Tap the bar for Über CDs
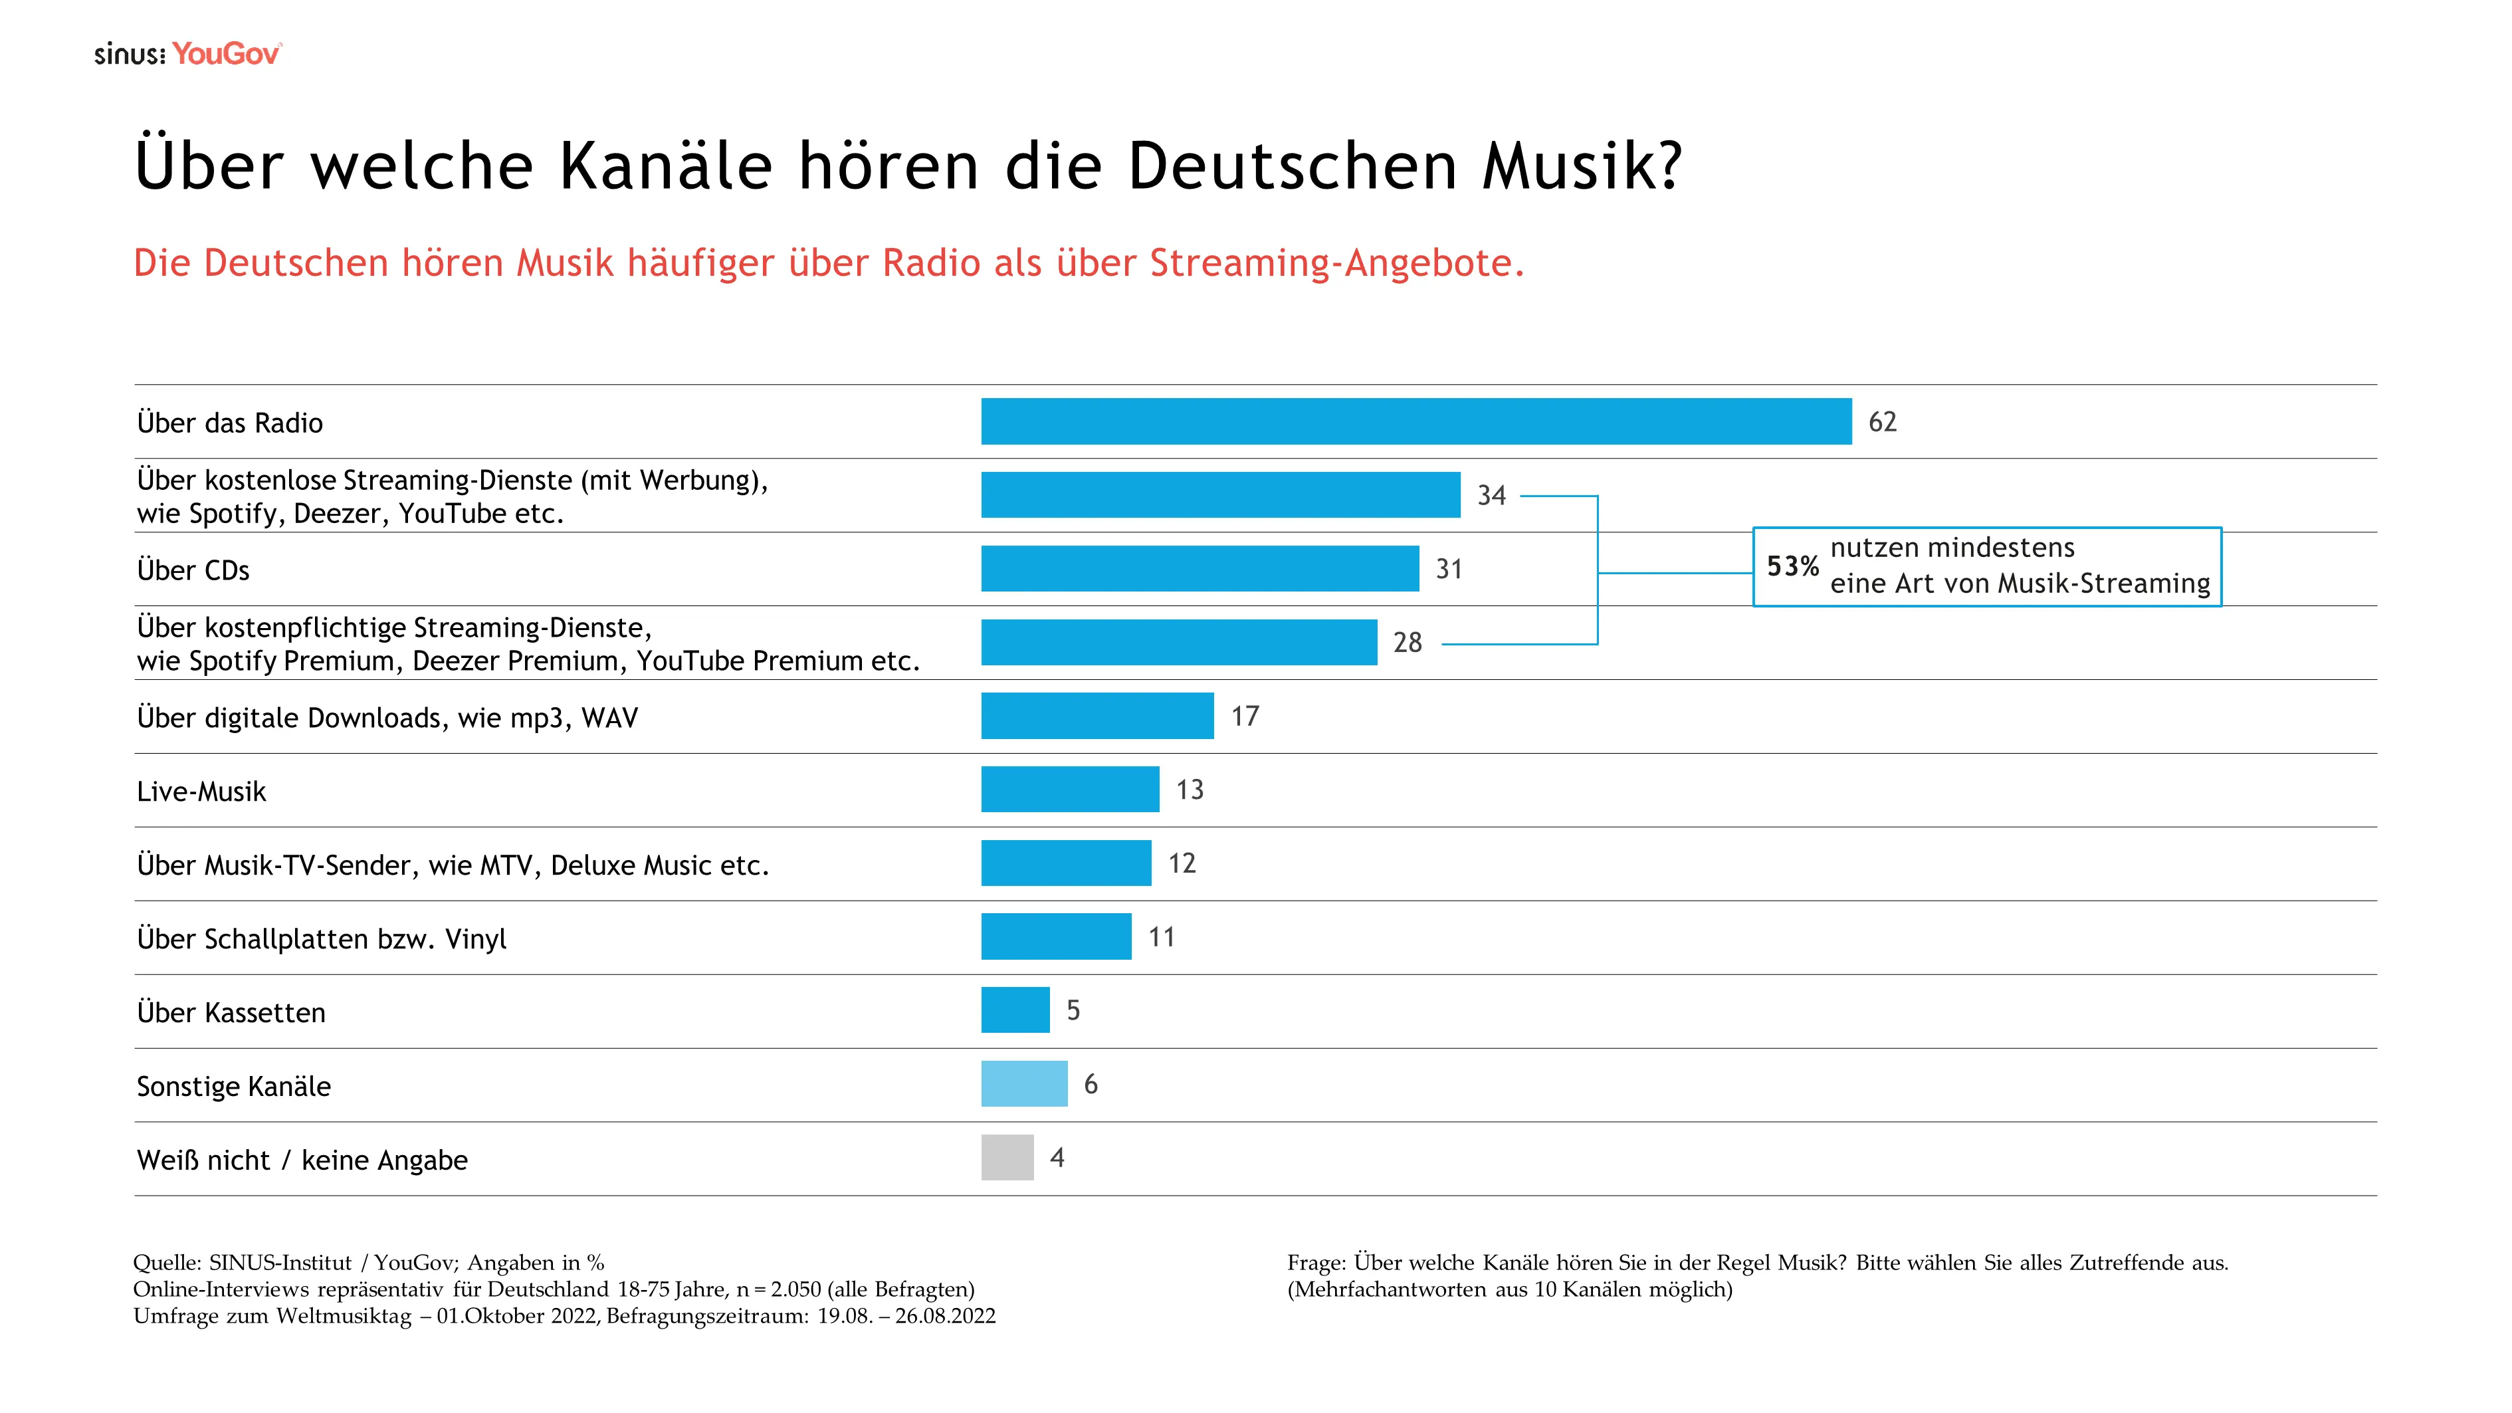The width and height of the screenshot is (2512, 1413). [x=1200, y=568]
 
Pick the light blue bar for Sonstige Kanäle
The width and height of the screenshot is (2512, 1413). [x=1024, y=1083]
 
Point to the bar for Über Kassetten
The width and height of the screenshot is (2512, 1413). [x=1015, y=1010]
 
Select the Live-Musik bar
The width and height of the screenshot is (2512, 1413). [x=1070, y=789]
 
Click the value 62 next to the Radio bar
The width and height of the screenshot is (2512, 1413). [x=1882, y=421]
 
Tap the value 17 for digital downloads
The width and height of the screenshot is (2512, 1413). [x=1245, y=716]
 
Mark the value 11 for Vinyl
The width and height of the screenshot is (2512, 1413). [x=1162, y=937]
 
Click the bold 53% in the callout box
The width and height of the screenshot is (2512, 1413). [x=1792, y=566]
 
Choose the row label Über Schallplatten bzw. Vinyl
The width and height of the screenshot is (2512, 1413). [x=322, y=939]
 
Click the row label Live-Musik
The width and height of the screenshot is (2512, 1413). [x=201, y=792]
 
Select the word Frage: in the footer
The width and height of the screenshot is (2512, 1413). [x=1316, y=1263]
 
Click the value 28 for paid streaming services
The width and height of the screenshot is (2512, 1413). [x=1407, y=643]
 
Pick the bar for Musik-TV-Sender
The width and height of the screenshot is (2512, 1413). [x=1066, y=863]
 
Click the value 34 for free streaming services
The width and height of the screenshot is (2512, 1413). [x=1491, y=495]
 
